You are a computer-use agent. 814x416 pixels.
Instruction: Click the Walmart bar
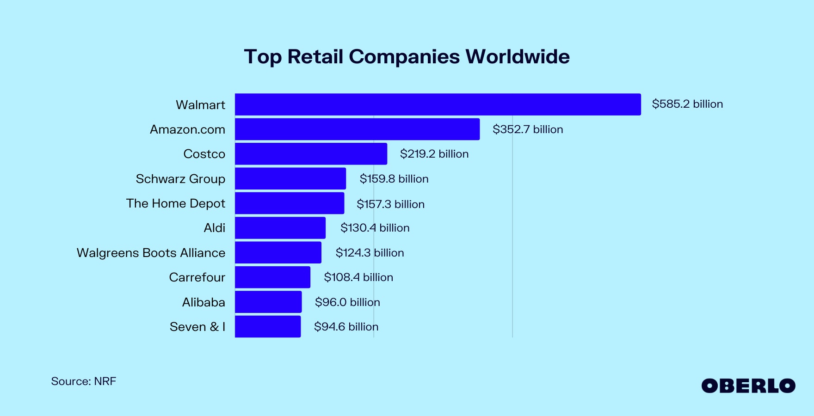438,104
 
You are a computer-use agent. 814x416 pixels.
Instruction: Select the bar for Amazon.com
357,129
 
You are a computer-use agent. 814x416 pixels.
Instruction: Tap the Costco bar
311,154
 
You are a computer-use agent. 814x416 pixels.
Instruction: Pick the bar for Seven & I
268,327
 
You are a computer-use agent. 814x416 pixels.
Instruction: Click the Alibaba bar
268,302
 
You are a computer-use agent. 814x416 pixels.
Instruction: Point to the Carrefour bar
272,277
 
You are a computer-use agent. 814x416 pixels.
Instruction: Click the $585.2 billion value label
687,104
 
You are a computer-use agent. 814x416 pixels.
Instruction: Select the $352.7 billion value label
528,129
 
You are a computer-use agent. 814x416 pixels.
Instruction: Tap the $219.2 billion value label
434,154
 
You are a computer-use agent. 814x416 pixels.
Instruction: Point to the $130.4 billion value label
375,228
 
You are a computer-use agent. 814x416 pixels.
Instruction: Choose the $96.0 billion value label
347,302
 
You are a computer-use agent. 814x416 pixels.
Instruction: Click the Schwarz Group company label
180,179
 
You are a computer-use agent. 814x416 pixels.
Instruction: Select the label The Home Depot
176,203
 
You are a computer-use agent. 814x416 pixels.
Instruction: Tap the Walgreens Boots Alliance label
151,253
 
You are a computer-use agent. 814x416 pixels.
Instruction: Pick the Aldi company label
215,228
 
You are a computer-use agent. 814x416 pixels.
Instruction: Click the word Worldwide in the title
518,57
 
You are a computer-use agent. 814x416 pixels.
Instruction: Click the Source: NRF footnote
84,381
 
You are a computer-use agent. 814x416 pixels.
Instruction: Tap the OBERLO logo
748,386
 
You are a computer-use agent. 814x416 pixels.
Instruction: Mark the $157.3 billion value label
390,204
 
